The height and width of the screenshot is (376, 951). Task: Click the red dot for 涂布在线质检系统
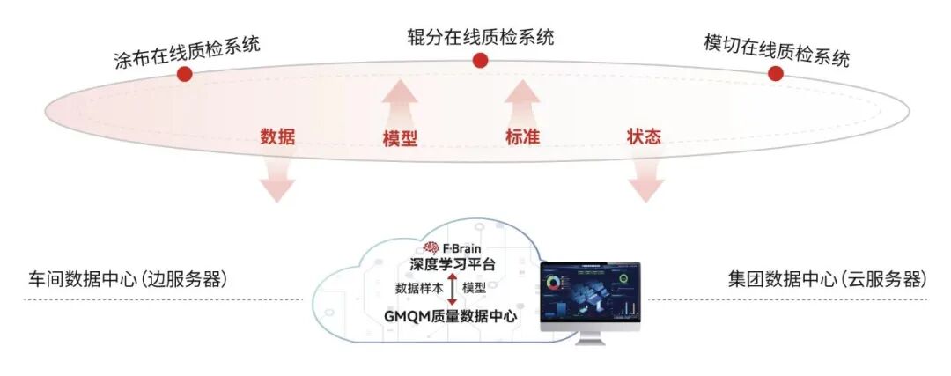click(x=184, y=75)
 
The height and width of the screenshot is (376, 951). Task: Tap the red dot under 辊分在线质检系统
click(x=480, y=60)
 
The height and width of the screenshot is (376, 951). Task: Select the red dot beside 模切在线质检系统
click(x=775, y=73)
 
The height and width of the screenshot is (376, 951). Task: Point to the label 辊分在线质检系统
click(x=480, y=37)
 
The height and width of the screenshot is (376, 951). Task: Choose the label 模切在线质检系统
click(x=777, y=50)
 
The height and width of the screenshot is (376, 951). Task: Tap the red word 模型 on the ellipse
click(x=400, y=139)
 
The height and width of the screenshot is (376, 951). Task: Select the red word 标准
click(x=521, y=136)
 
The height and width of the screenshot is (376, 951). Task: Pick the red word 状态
click(x=644, y=136)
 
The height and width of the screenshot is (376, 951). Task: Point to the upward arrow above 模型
click(x=400, y=101)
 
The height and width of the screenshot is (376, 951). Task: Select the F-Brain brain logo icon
click(x=431, y=248)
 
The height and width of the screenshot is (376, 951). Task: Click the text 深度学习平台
click(x=453, y=265)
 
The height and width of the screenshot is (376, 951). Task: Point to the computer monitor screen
click(x=591, y=295)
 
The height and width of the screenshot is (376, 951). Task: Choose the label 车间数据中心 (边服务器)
click(x=128, y=279)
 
